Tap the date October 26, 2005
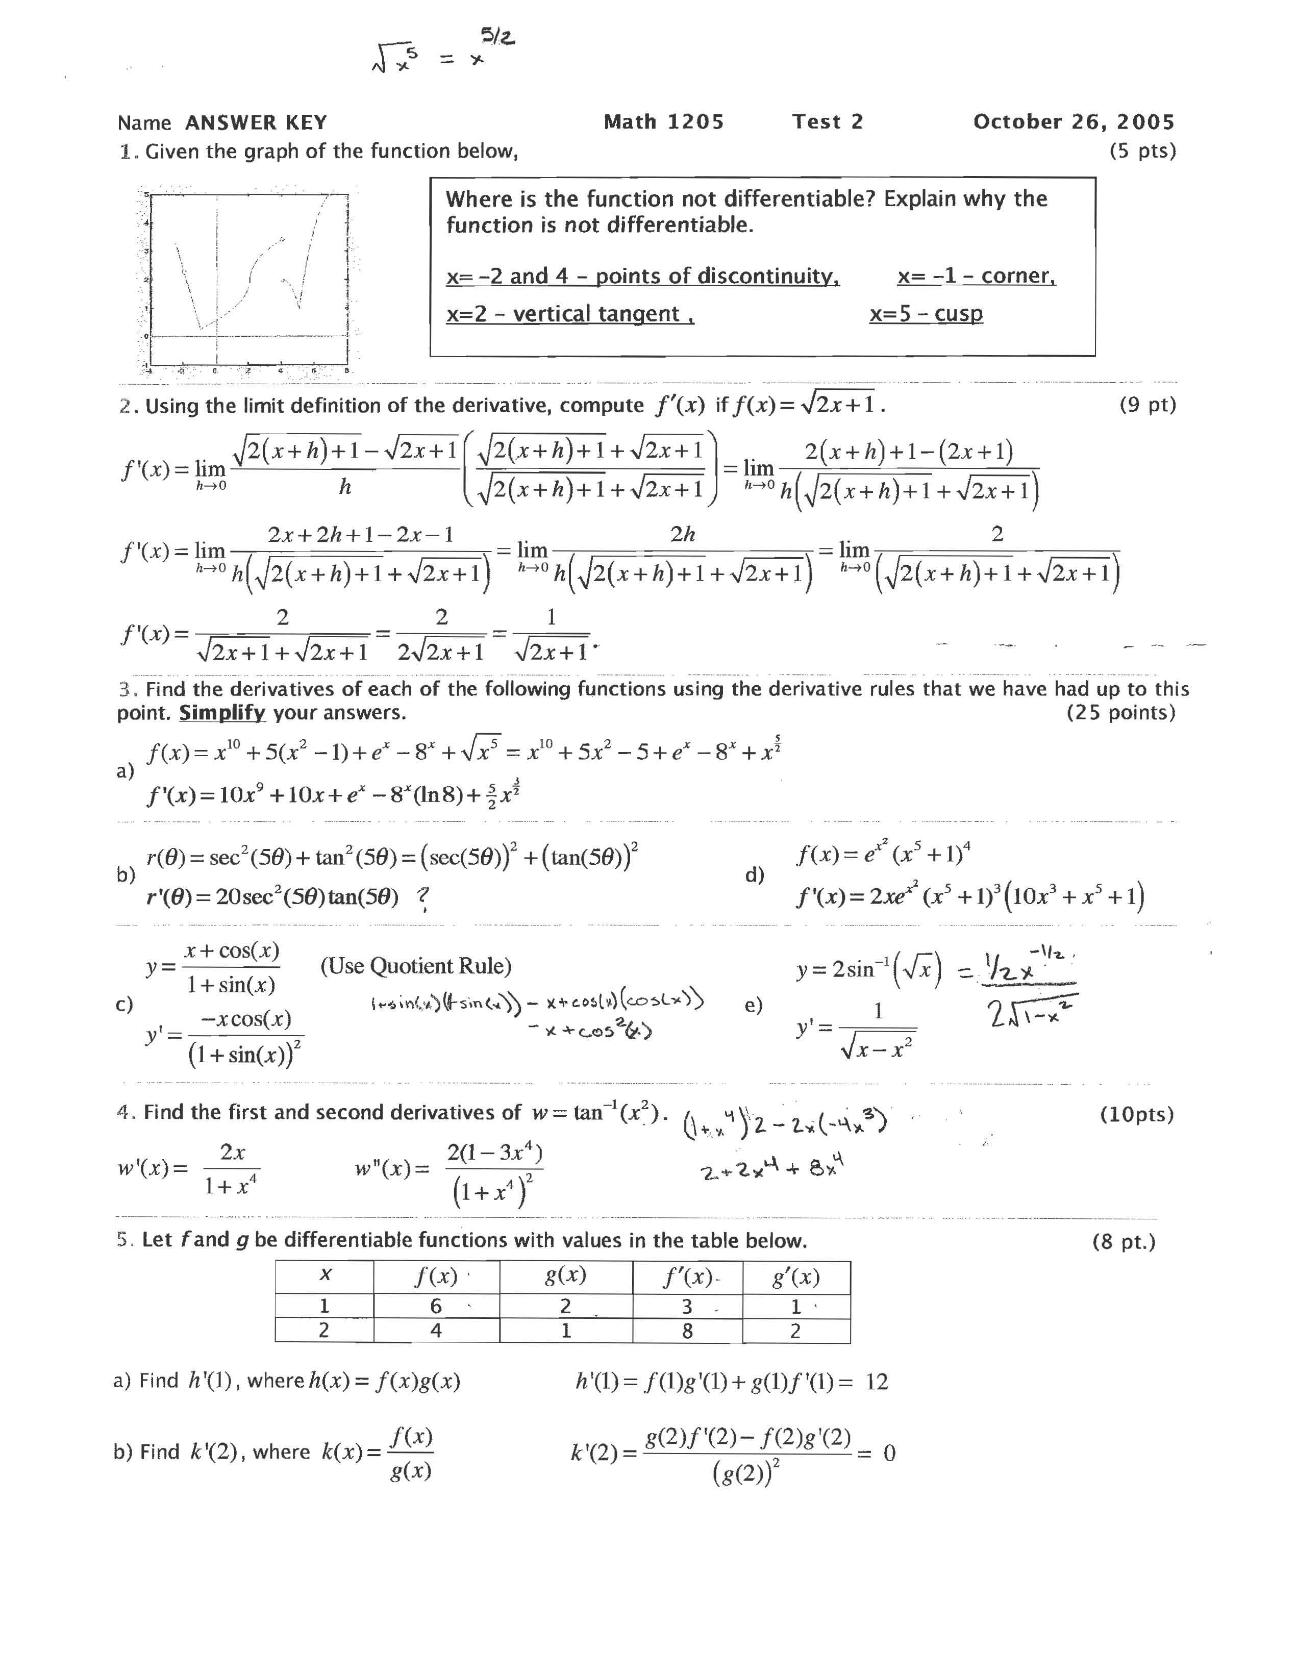(1074, 122)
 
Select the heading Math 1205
(664, 122)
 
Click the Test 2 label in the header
(828, 122)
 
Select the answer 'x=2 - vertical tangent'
(570, 314)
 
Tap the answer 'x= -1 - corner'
(976, 276)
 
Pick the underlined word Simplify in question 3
(222, 713)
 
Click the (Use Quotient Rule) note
(416, 966)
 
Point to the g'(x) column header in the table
(795, 1277)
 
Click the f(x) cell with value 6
(436, 1306)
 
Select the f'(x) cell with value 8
(687, 1331)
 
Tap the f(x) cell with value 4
(436, 1331)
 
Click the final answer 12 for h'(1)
(877, 1382)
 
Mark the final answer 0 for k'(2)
(889, 1453)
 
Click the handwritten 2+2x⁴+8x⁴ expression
(772, 1171)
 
